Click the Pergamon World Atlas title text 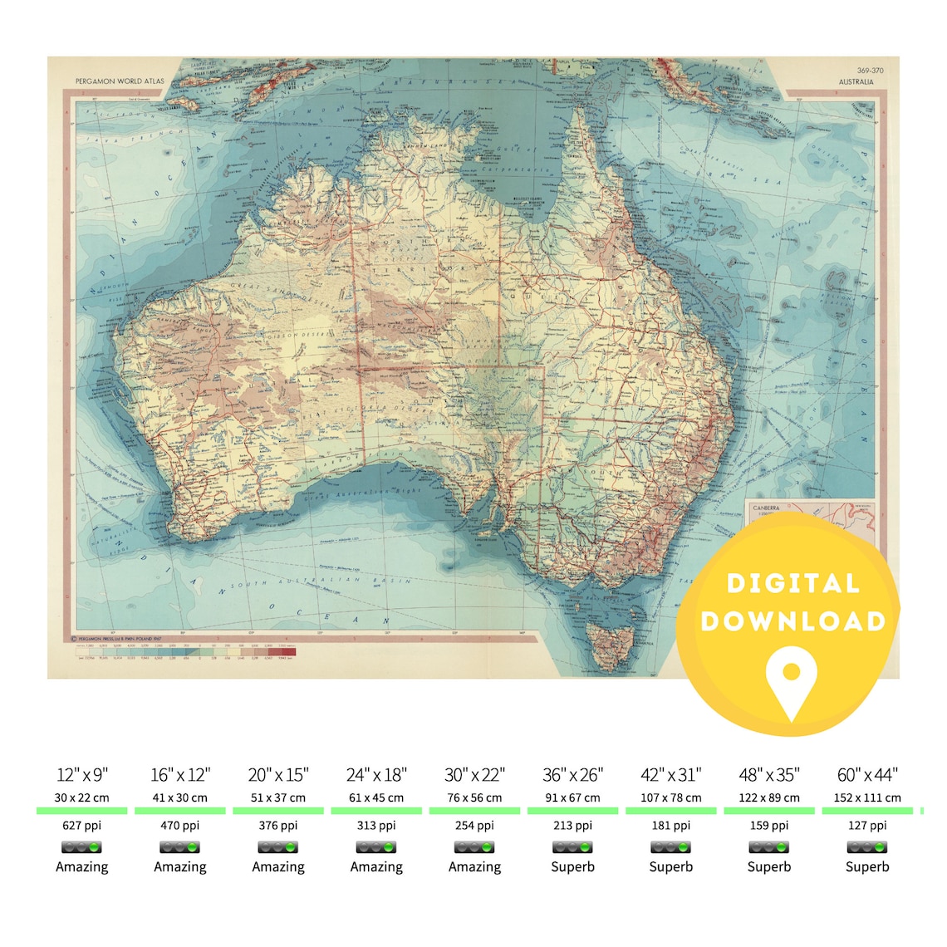120,82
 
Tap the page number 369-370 870,71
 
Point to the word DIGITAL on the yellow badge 792,583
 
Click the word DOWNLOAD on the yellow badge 792,621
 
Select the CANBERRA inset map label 765,508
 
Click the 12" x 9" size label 82,775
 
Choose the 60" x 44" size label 867,775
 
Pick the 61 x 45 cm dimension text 376,797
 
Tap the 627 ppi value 82,826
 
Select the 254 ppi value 474,826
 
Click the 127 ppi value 867,826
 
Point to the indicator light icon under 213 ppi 572,847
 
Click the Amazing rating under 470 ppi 180,866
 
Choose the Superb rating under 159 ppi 769,866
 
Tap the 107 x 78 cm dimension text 671,797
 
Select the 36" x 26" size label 572,775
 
